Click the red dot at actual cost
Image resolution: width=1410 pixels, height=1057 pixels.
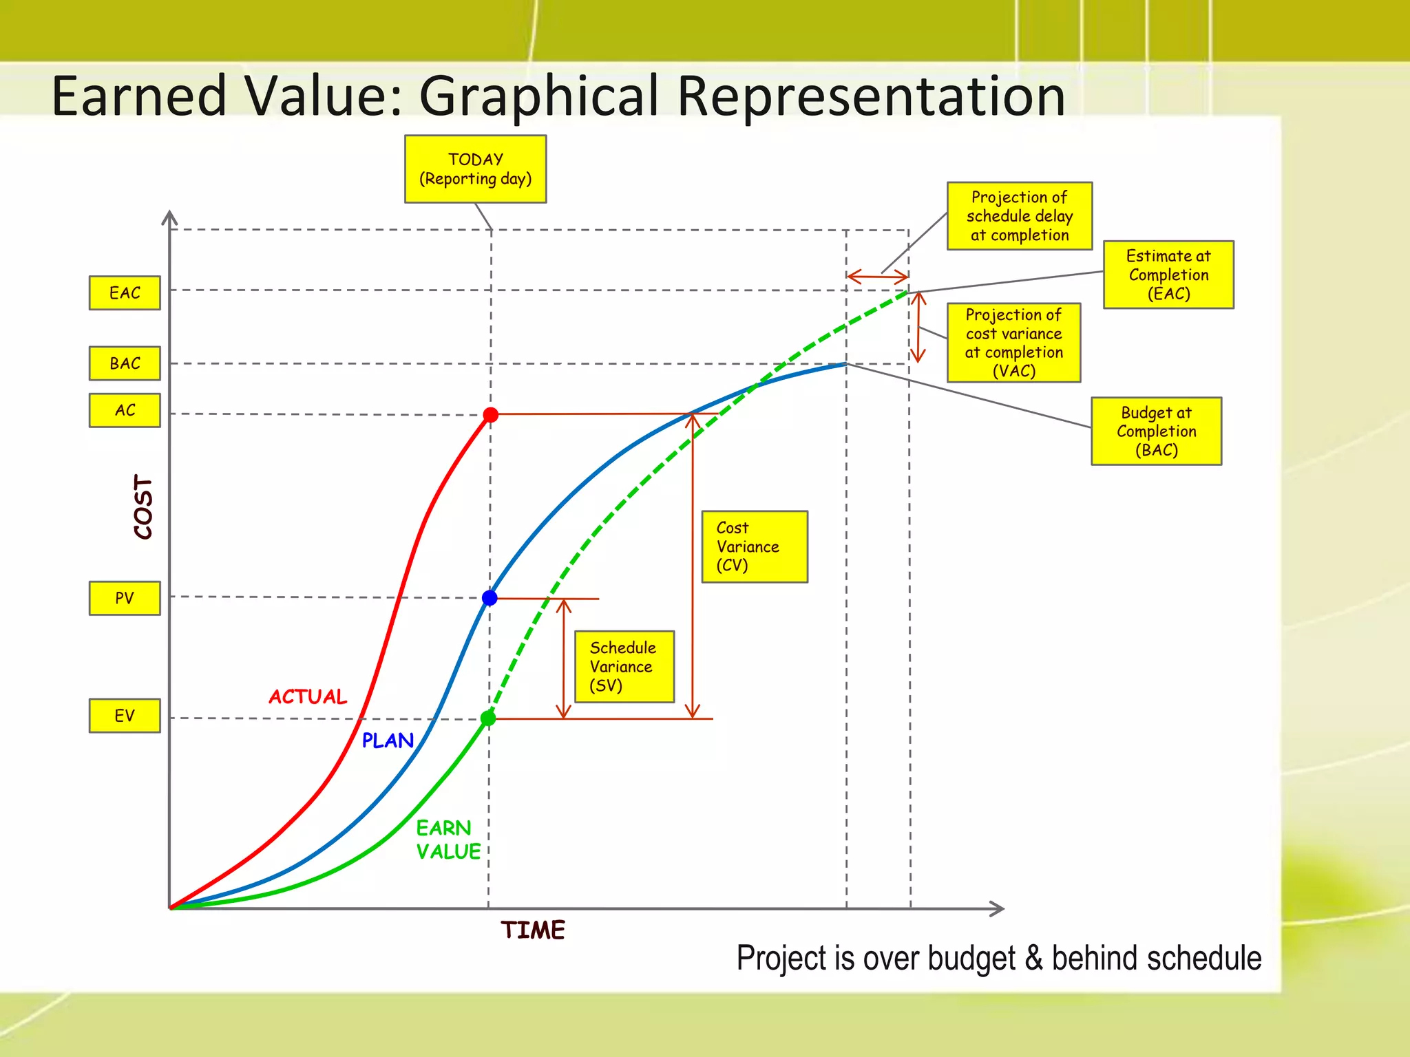coord(490,415)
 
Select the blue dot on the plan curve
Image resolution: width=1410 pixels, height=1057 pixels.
coord(490,598)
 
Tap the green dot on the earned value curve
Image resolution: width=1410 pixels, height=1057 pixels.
coord(488,718)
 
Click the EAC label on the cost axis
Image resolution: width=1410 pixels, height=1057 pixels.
coord(125,293)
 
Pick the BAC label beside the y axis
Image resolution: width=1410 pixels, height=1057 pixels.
coord(125,363)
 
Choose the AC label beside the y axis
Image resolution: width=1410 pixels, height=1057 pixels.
coord(125,410)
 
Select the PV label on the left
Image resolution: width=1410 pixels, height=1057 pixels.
coord(125,598)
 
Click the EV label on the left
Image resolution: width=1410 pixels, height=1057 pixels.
coord(125,716)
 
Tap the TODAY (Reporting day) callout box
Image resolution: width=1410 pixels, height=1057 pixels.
coord(475,169)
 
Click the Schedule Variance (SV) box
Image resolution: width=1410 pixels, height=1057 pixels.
coord(624,666)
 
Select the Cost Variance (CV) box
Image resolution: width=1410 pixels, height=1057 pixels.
coord(754,546)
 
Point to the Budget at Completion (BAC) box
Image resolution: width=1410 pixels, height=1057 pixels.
coord(1156,431)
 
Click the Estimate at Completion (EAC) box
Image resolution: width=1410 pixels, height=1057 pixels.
coord(1168,275)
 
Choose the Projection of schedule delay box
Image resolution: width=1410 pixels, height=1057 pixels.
coord(1019,216)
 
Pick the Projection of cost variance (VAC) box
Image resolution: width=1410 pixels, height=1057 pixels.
coord(1013,343)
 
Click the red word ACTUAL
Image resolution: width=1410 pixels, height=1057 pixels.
coord(308,696)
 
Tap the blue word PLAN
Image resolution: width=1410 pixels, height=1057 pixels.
coord(388,740)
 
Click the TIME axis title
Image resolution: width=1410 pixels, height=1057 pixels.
coord(532,930)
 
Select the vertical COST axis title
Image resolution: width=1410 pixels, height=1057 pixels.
coord(143,506)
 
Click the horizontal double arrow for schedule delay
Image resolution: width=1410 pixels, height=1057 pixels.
coord(877,277)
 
